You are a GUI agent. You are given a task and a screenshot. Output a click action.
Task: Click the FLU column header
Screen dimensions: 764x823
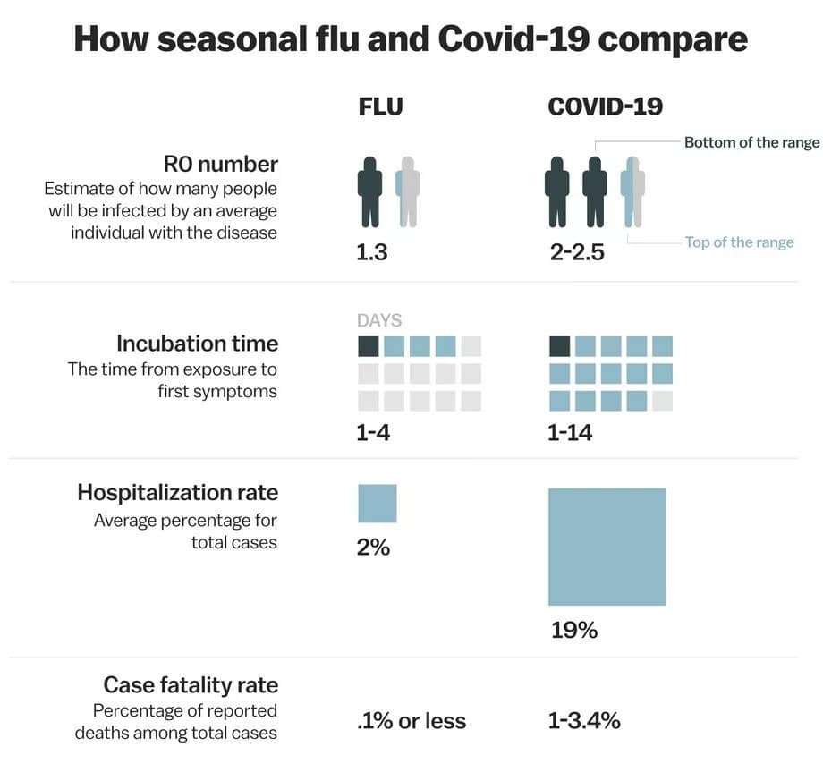coord(380,106)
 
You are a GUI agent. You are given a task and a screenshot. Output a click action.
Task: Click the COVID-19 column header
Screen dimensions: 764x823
coord(606,106)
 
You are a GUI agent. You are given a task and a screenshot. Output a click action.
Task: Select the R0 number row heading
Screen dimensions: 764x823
coord(220,165)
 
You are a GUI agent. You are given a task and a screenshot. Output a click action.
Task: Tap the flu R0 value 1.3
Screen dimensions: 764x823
coord(372,252)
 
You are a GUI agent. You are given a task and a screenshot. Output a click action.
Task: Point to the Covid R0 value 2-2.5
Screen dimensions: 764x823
coord(577,252)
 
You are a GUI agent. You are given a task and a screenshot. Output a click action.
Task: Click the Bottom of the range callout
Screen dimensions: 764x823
coord(751,142)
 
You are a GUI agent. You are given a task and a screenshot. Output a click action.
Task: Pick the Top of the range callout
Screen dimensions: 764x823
coord(739,242)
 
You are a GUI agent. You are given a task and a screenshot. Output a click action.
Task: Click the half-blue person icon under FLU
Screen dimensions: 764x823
coord(408,191)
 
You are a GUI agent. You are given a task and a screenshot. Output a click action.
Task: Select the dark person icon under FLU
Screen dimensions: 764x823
coord(369,191)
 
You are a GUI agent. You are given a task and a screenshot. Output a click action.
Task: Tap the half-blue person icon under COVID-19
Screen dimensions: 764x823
coord(632,191)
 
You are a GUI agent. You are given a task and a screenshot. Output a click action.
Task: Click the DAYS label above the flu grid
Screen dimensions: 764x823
coord(379,320)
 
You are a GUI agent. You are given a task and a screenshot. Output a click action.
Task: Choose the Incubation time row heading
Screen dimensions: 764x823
coord(197,344)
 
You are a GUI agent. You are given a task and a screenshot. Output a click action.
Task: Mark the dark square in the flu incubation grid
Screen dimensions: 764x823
coord(369,346)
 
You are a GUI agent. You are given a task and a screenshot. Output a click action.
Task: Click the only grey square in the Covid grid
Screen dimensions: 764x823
coord(662,400)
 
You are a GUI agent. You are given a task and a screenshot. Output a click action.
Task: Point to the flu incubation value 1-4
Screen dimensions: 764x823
coord(373,434)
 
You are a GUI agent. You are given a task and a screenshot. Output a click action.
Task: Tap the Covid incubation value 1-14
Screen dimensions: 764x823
coord(570,434)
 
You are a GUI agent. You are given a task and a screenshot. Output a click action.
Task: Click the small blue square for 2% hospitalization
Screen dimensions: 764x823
coord(377,503)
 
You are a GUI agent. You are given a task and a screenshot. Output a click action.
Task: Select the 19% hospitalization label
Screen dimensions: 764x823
coord(573,631)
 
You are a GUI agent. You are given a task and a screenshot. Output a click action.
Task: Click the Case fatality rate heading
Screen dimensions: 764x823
coord(191,685)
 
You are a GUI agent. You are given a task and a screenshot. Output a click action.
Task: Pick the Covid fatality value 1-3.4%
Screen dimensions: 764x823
coord(584,721)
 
